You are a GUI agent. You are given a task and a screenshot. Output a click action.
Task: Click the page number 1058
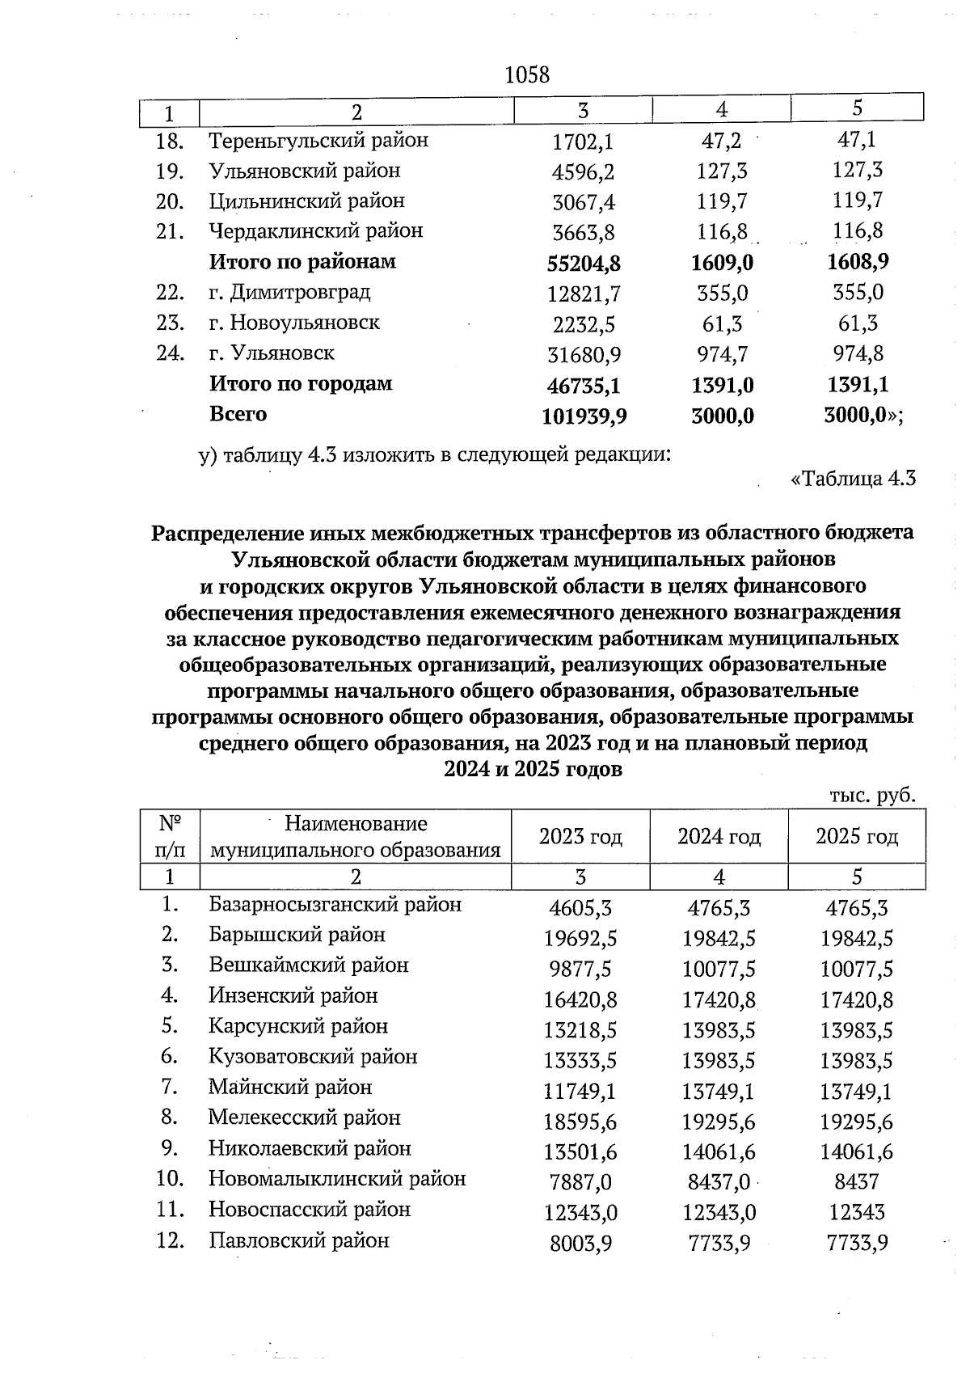coord(526,75)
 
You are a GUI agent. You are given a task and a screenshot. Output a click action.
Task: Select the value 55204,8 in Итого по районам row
coord(583,263)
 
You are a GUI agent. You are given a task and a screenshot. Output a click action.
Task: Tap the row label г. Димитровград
coord(289,292)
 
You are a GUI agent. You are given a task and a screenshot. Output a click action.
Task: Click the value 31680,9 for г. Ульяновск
coord(583,354)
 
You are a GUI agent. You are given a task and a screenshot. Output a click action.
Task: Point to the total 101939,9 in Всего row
coord(583,416)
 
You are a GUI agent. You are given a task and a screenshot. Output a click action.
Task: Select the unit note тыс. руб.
coord(872,796)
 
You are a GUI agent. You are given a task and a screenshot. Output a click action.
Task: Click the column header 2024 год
coord(719,836)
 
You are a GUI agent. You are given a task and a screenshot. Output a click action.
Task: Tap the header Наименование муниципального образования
coord(356,837)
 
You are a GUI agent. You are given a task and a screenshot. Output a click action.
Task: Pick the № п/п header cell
coord(170,837)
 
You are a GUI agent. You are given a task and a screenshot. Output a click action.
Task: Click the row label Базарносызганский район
coord(335,905)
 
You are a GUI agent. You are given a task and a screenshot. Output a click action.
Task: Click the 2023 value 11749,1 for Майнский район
coord(580,1092)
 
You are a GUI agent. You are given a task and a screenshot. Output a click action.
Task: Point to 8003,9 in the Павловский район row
coord(580,1244)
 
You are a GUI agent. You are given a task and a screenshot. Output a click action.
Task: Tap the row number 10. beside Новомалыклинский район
coord(171,1179)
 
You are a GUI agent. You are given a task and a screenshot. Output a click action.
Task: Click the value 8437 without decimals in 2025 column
coord(857,1182)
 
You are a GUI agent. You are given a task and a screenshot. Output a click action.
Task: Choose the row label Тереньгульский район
coord(318,141)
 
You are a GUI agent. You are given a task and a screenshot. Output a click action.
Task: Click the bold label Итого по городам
coord(301,383)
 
